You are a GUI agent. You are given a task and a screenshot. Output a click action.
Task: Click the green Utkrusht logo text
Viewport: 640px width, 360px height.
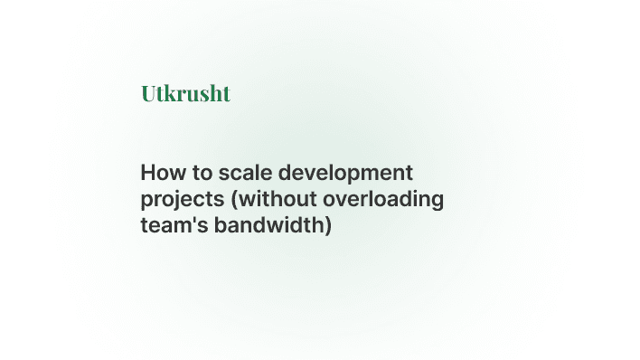click(185, 93)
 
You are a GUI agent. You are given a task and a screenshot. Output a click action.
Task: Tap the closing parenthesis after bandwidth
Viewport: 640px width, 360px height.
click(329, 225)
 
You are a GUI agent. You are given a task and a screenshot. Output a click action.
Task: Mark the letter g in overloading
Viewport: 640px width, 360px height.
click(437, 201)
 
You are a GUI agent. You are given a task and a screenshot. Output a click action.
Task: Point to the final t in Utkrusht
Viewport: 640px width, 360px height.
click(226, 93)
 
